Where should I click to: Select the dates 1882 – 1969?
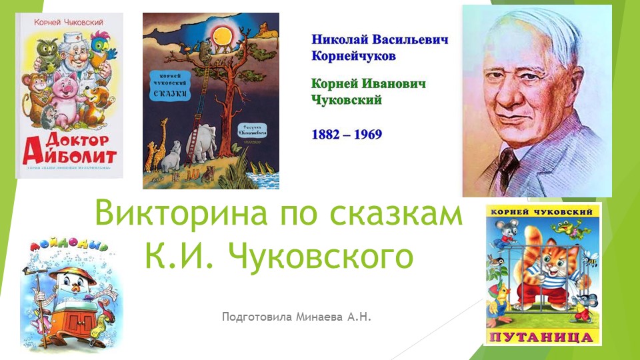pos(347,134)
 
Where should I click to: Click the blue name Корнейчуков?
pos(353,56)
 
